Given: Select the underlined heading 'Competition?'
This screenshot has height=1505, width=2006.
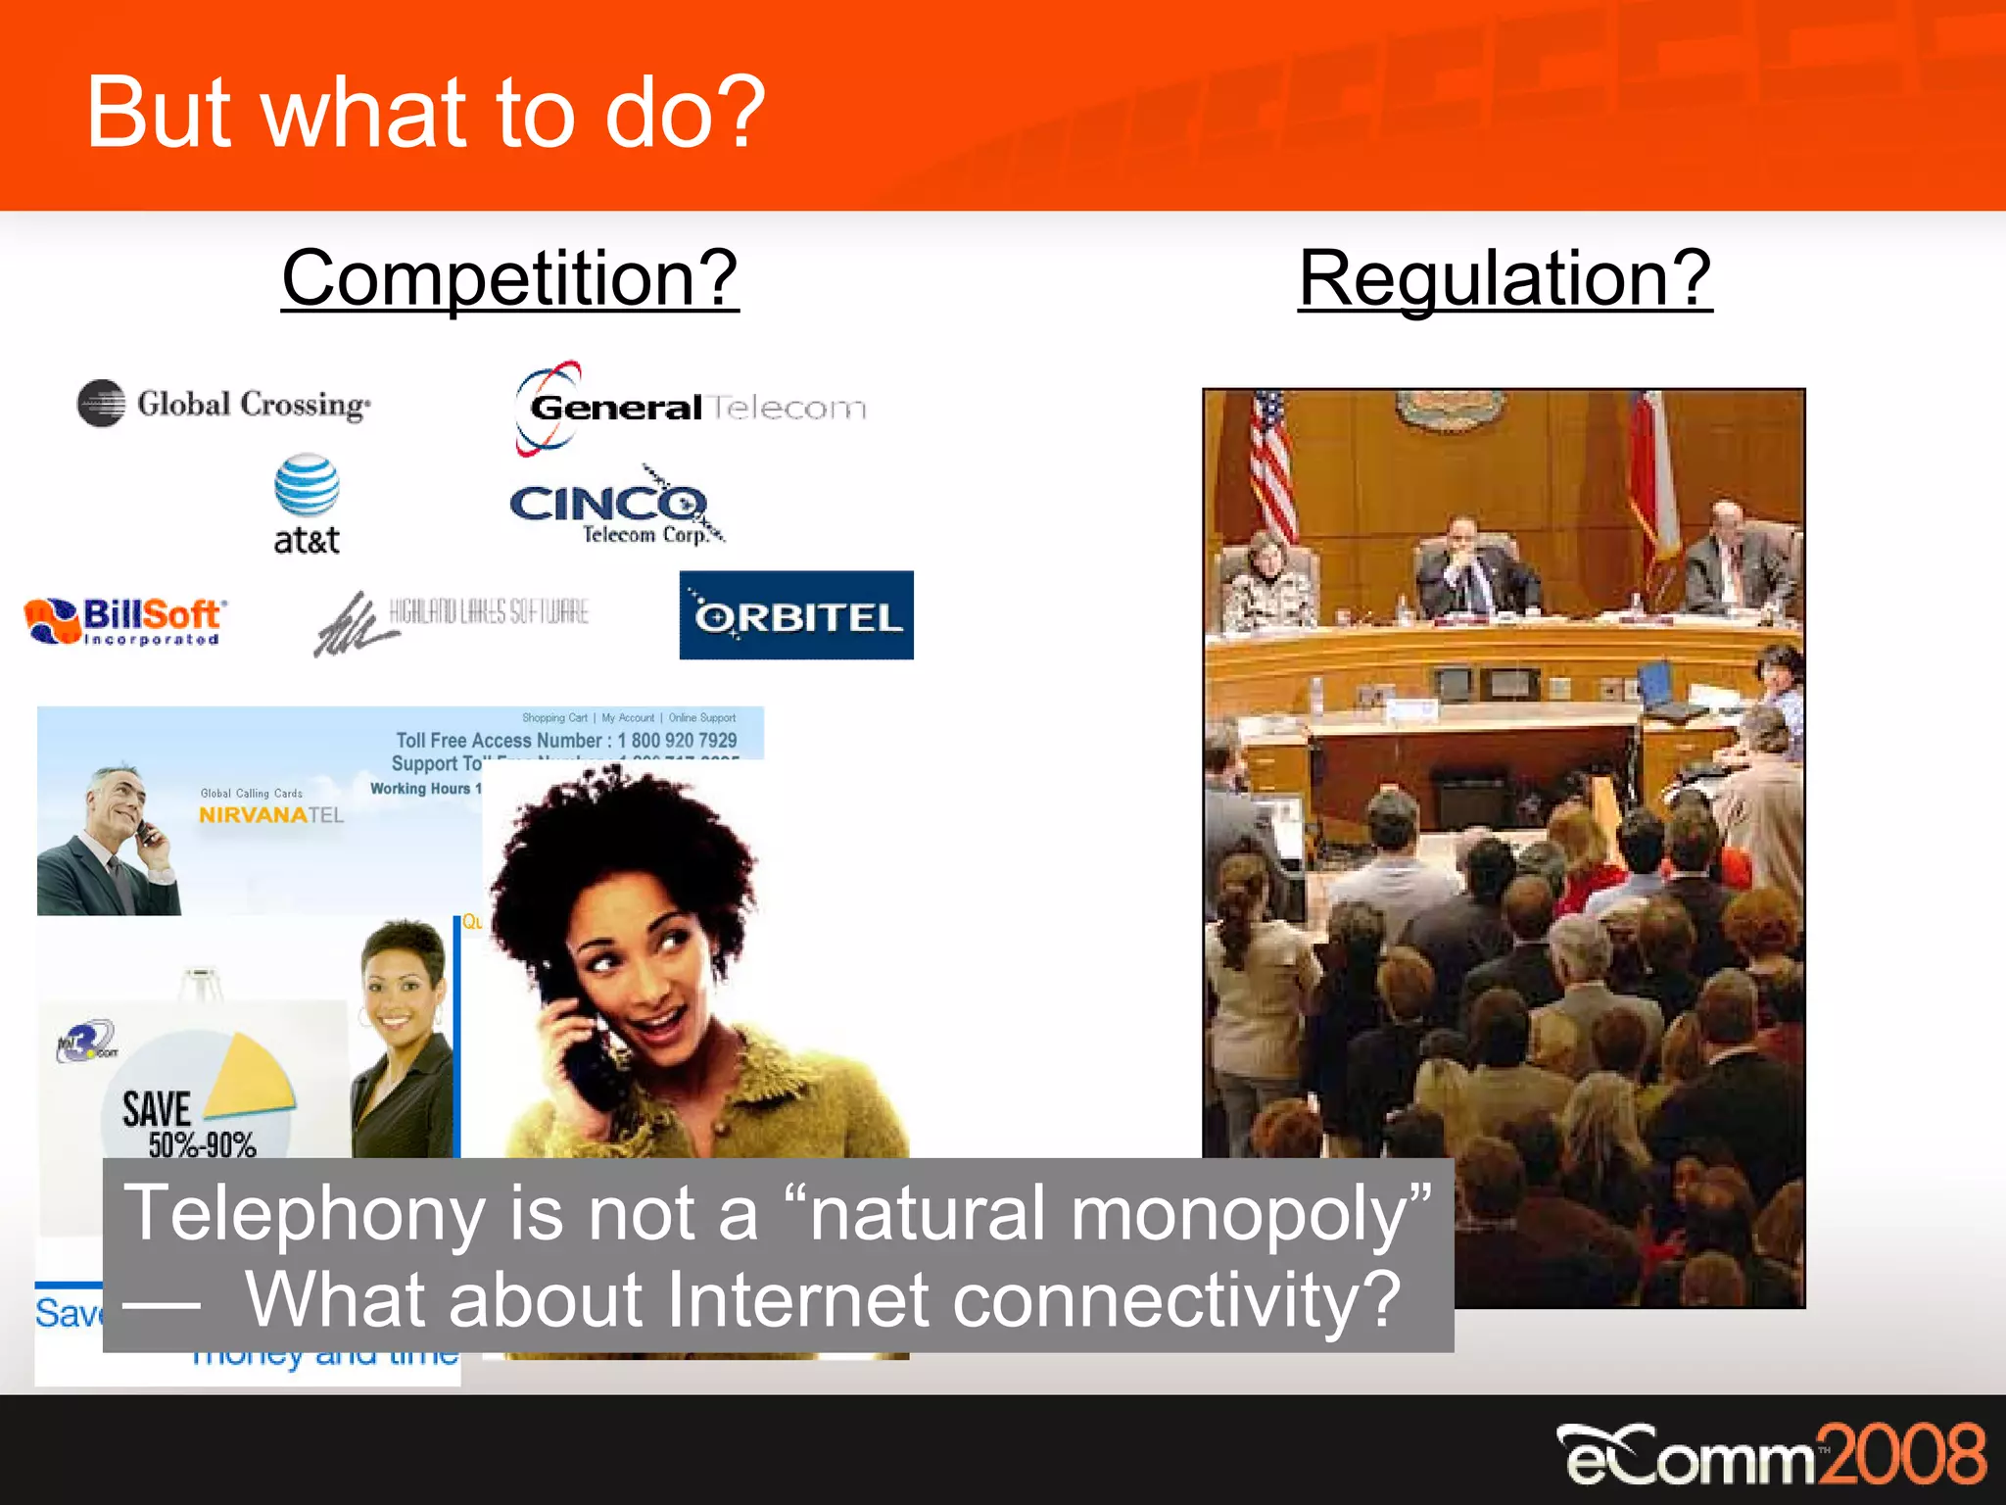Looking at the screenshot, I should pyautogui.click(x=509, y=278).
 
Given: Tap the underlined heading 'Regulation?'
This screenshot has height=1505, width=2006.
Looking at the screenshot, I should pyautogui.click(x=1504, y=278).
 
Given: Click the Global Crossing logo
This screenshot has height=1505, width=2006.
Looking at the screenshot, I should pyautogui.click(x=225, y=404).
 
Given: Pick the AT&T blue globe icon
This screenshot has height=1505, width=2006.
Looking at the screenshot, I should pyautogui.click(x=307, y=486).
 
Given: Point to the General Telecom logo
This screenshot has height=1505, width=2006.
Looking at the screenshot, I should pyautogui.click(x=690, y=407).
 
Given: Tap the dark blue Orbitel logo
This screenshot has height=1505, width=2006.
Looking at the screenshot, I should pyautogui.click(x=796, y=615).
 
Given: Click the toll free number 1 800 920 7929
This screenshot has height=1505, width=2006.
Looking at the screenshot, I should pyautogui.click(x=677, y=741).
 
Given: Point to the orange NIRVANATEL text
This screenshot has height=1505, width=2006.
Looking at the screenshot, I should pyautogui.click(x=270, y=815).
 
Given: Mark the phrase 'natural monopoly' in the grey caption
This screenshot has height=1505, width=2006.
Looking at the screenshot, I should pyautogui.click(x=1107, y=1213).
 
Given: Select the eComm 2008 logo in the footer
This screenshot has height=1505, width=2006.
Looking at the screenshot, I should pyautogui.click(x=1771, y=1455).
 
